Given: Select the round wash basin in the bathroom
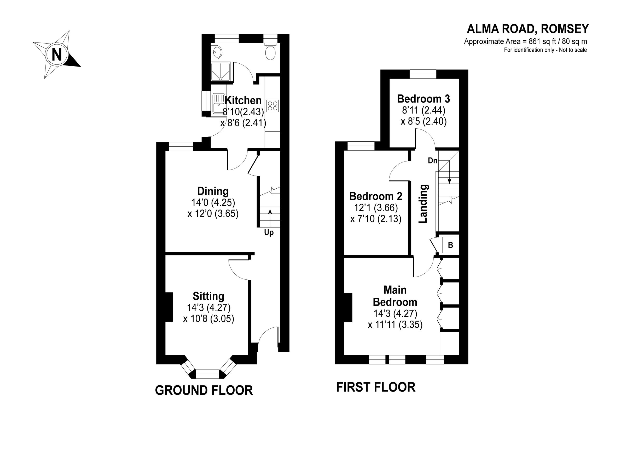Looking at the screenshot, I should point(217,52).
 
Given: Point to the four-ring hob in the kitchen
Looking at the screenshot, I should point(272,106).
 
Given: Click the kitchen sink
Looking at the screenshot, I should point(219,104).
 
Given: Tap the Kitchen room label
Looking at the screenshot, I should point(243,100).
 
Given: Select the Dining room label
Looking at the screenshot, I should point(213,191).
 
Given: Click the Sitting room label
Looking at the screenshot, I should point(208,296).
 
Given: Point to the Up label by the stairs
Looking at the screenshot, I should point(269,233).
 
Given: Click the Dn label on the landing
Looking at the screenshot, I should point(433,161).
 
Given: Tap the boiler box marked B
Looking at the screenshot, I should point(450,245).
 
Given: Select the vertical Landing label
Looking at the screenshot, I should point(423,204).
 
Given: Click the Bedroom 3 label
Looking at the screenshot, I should point(423,99).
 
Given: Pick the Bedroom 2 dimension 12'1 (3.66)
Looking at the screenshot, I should point(376,207).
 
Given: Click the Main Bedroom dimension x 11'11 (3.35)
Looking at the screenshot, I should point(395,325).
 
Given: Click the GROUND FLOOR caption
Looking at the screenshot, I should point(204,391).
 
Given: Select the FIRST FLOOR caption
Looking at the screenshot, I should point(376,387).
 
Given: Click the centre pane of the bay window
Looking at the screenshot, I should point(207,375).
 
